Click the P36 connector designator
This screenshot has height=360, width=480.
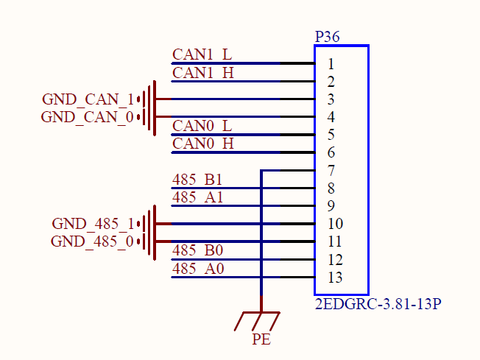point(327,37)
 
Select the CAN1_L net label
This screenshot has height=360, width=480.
point(202,54)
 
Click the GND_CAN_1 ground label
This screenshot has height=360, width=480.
point(88,99)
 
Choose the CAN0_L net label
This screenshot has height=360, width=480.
point(202,126)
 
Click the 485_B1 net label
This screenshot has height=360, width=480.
point(197,180)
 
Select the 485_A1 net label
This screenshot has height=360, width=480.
point(197,197)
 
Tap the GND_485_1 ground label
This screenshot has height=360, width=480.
point(93,224)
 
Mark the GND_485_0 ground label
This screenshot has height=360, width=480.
point(92,241)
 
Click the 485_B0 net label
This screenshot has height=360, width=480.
point(197,251)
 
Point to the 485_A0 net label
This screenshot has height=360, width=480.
point(197,269)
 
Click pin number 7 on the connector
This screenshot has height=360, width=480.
point(332,171)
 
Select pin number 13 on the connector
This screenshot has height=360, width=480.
point(335,278)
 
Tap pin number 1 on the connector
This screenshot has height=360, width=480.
point(332,63)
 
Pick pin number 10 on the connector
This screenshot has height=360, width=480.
point(335,224)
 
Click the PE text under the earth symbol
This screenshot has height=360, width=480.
point(261,339)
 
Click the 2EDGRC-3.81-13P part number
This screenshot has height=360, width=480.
point(377,303)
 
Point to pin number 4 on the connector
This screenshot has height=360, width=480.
point(332,117)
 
